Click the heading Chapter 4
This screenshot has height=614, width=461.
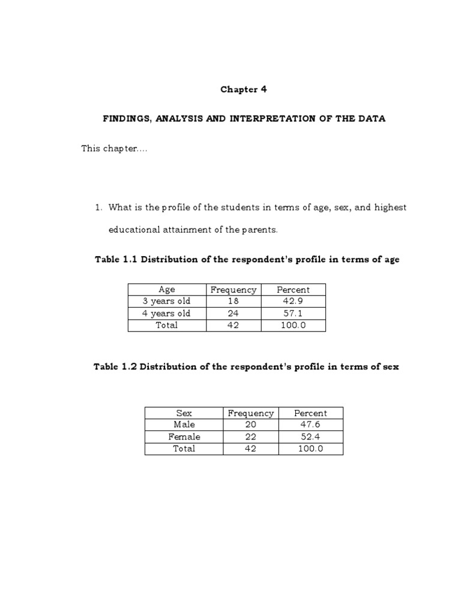[x=243, y=89]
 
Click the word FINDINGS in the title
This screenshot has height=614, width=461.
[x=127, y=119]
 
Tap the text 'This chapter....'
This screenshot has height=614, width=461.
[x=114, y=149]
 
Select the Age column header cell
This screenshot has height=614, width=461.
[x=167, y=290]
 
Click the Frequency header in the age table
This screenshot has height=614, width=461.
[x=233, y=290]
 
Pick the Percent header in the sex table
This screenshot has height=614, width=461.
[x=310, y=413]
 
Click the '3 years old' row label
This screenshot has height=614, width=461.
[x=167, y=302]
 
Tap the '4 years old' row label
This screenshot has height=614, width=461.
[x=167, y=314]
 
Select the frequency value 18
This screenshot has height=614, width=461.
[x=233, y=302]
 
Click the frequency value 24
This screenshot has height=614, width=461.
[x=233, y=314]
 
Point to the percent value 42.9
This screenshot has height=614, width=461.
[x=293, y=302]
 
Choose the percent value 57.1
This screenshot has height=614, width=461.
[x=293, y=314]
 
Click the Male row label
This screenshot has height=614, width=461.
[x=184, y=425]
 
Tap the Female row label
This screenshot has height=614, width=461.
[x=184, y=437]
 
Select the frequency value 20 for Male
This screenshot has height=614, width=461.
[x=250, y=425]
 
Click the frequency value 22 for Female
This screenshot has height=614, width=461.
[x=250, y=437]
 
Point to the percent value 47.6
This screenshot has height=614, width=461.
[x=310, y=425]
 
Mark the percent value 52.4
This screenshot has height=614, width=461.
[x=310, y=437]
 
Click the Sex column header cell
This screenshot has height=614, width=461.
[x=184, y=413]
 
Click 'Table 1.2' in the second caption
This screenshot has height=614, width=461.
[x=115, y=367]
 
